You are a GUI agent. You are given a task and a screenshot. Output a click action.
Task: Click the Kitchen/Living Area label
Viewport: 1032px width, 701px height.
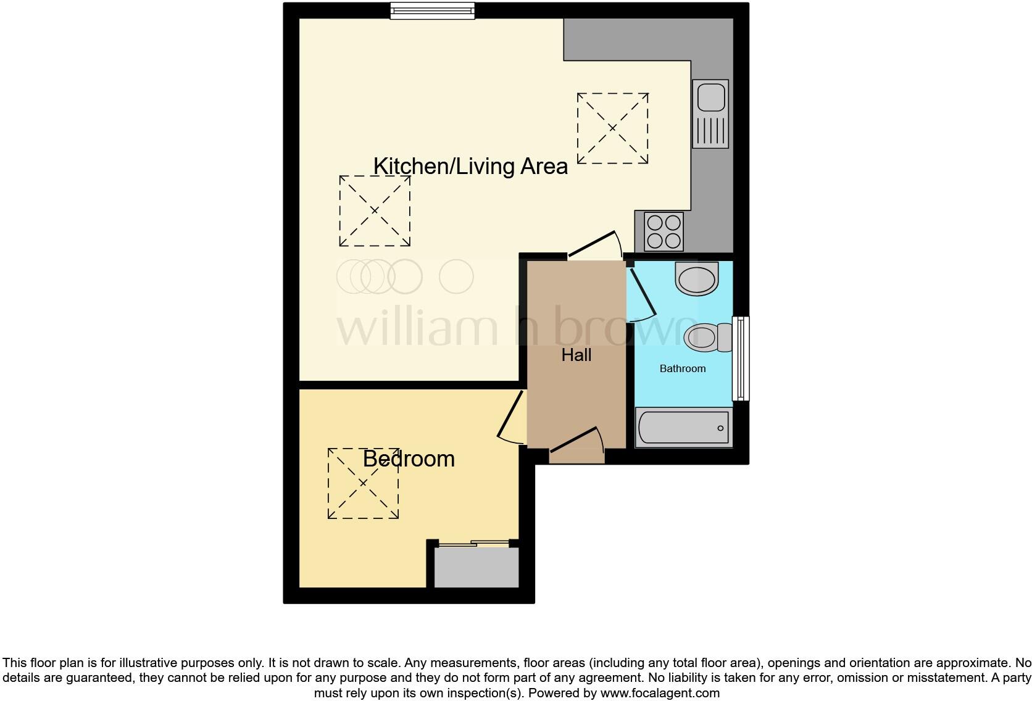pos(470,166)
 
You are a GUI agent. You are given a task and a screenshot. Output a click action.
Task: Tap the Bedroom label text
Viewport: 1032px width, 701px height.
pos(409,458)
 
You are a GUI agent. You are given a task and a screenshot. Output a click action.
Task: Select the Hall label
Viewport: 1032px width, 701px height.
pos(576,355)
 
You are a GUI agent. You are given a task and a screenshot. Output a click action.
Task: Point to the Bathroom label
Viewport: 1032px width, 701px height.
pos(682,368)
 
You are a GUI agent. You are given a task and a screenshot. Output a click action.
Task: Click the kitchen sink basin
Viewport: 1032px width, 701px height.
pos(710,96)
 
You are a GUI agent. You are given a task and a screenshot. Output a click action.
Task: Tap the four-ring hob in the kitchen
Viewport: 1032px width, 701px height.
pos(664,231)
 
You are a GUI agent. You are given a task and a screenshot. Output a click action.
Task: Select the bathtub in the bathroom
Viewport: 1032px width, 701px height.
pos(683,428)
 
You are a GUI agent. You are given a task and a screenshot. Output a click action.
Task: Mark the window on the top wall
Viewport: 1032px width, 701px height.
pos(433,10)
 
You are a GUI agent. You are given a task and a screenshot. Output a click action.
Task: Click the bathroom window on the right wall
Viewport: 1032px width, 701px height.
pos(741,359)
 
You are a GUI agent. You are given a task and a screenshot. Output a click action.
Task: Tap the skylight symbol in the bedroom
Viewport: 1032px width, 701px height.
pos(363,483)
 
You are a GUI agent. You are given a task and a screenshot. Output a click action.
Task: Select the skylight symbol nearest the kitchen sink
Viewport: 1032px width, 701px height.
pos(612,128)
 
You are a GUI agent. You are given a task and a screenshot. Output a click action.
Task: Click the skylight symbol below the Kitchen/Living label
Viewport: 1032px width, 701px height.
pos(375,211)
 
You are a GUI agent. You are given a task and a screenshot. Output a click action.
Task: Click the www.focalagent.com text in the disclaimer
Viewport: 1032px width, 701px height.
pos(660,693)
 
